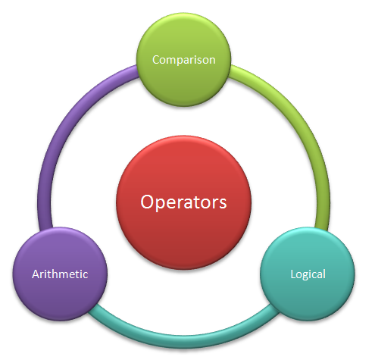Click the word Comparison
click(184, 61)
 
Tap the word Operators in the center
click(183, 202)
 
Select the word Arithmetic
click(60, 274)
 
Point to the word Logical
click(308, 274)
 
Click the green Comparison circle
click(183, 60)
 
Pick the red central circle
click(183, 202)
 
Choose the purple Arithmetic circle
click(60, 274)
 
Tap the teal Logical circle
click(308, 274)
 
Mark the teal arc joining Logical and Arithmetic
click(183, 340)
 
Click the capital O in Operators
click(146, 202)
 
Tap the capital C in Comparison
click(156, 60)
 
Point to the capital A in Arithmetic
click(36, 274)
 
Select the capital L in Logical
click(293, 274)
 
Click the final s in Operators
click(223, 204)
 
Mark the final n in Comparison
click(212, 61)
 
